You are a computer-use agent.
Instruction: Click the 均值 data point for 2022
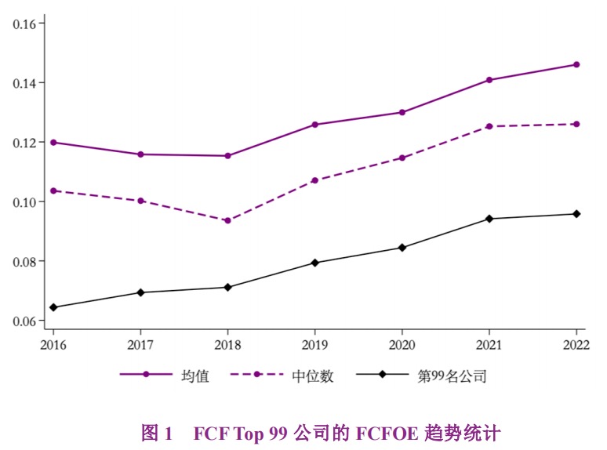[x=576, y=64]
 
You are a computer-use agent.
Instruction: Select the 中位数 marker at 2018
[x=227, y=220]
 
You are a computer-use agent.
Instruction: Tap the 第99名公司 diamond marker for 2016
[x=53, y=307]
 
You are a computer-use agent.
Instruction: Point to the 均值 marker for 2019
[x=314, y=125]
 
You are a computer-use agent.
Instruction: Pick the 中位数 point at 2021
[x=489, y=126]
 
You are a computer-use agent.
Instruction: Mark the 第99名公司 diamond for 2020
[x=402, y=248]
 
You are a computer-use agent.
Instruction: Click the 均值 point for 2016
[x=53, y=142]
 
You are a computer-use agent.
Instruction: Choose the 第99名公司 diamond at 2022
[x=576, y=214]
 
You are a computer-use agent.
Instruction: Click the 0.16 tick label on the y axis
[x=25, y=24]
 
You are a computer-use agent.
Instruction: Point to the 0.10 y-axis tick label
[x=25, y=201]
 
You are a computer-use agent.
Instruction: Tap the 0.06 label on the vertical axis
[x=25, y=321]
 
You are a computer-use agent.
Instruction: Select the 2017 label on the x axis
[x=140, y=344]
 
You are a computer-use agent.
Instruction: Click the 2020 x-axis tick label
[x=402, y=344]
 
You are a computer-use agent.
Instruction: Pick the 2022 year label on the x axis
[x=576, y=344]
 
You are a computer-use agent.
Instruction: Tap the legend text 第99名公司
[x=453, y=376]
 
